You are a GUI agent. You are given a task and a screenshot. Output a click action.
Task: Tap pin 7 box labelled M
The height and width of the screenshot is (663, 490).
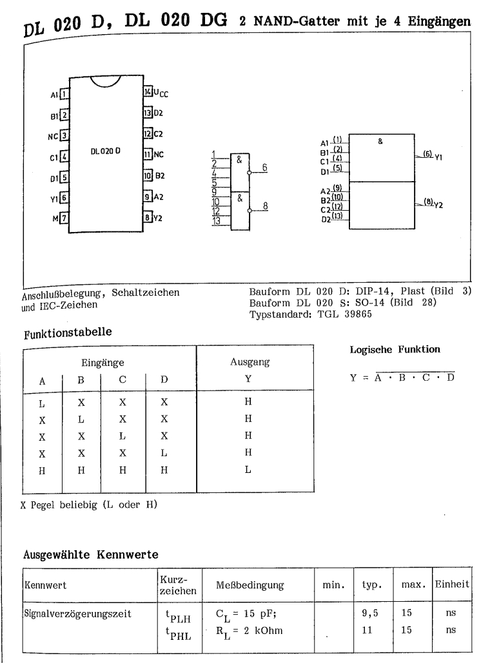point(64,218)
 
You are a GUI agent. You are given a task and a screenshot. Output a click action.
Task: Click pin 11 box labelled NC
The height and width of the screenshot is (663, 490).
point(148,155)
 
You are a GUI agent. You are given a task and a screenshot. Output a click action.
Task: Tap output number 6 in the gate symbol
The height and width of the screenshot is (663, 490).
point(264,166)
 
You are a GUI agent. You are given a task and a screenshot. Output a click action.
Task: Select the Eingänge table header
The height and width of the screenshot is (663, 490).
point(103,363)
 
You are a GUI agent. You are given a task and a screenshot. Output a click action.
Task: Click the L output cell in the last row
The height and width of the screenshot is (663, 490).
point(248,470)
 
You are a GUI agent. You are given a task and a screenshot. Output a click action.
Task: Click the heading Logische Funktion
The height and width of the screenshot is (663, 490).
point(386,349)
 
